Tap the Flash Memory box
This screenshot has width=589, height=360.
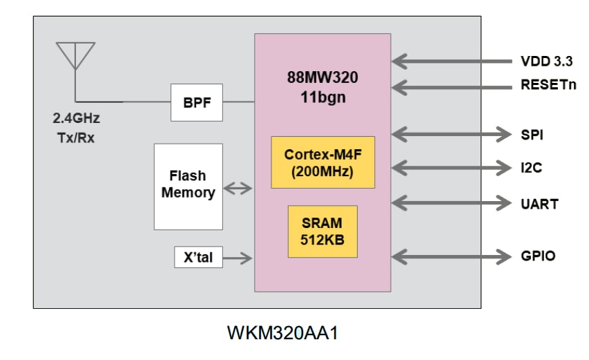coord(189,185)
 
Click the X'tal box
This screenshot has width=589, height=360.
coord(199,258)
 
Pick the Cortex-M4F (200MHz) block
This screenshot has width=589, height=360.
coord(323,162)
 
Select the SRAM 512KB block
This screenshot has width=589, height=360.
coord(322,231)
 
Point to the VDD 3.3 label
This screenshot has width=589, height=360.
coord(546,61)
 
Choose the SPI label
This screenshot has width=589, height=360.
coord(532,135)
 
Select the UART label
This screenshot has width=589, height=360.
coord(539,205)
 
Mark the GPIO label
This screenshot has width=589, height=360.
coord(537,256)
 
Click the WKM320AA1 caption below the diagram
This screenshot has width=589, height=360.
coord(282,333)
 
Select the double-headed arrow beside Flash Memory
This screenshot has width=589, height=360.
coord(239,187)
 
